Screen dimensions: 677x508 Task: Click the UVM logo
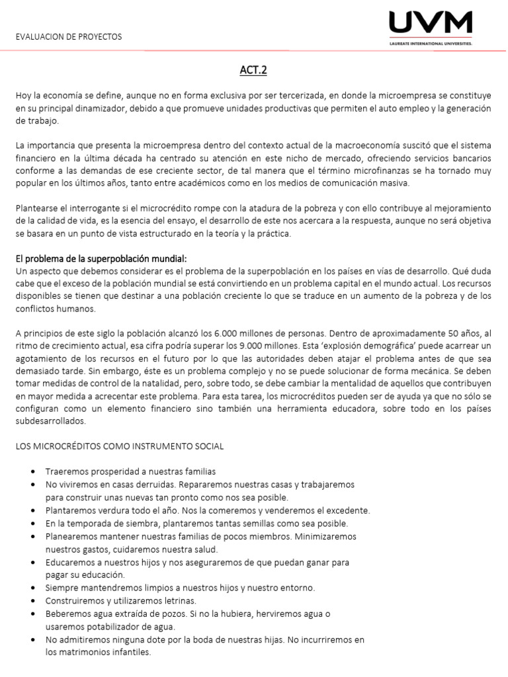coord(430,24)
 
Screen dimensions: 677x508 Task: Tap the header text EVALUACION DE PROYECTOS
coord(69,37)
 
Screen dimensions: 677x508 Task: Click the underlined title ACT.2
coord(254,70)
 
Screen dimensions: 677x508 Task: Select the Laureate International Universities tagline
coord(431,45)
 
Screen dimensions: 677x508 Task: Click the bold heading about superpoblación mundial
coord(106,259)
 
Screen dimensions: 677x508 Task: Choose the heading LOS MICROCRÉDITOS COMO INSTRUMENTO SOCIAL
coord(120,446)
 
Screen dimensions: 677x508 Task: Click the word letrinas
coord(177,601)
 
